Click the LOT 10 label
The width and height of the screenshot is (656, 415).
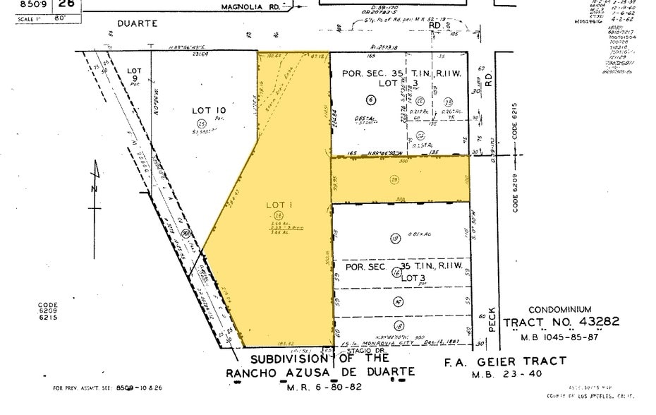(x=209, y=110)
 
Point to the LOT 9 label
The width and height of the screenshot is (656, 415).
(x=134, y=71)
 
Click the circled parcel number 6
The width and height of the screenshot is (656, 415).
(x=370, y=100)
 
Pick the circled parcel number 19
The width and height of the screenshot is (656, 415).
(x=394, y=238)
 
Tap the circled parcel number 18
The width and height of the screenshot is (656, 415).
(x=399, y=325)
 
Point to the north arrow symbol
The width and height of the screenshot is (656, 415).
(x=97, y=187)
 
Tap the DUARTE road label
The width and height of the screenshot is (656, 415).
(x=135, y=23)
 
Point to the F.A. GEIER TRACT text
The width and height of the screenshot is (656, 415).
(x=504, y=361)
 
